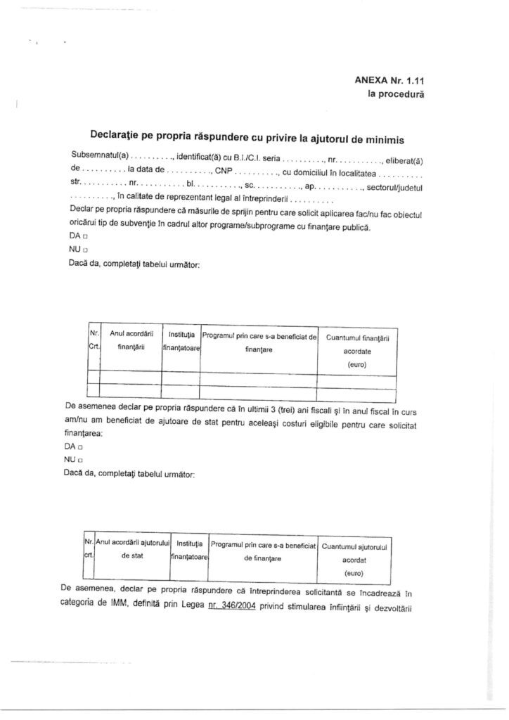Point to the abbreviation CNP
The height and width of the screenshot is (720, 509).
(x=224, y=170)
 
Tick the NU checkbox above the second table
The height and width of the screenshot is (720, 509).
(x=81, y=460)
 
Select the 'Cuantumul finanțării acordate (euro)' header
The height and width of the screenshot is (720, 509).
(x=357, y=350)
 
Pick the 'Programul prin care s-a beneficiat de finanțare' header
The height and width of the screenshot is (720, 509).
(x=259, y=342)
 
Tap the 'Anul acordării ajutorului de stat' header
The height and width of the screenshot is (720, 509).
(x=132, y=548)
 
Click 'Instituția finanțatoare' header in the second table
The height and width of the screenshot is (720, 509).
(x=190, y=549)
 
